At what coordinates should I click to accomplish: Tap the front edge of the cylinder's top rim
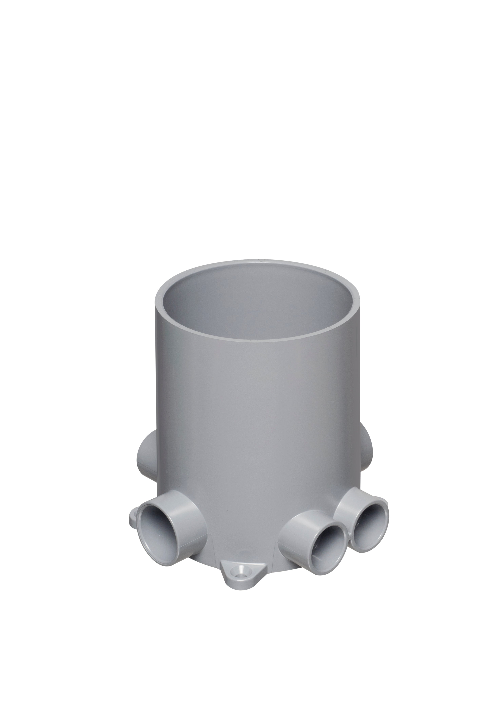pos(257,340)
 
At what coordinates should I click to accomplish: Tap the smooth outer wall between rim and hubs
pos(257,416)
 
